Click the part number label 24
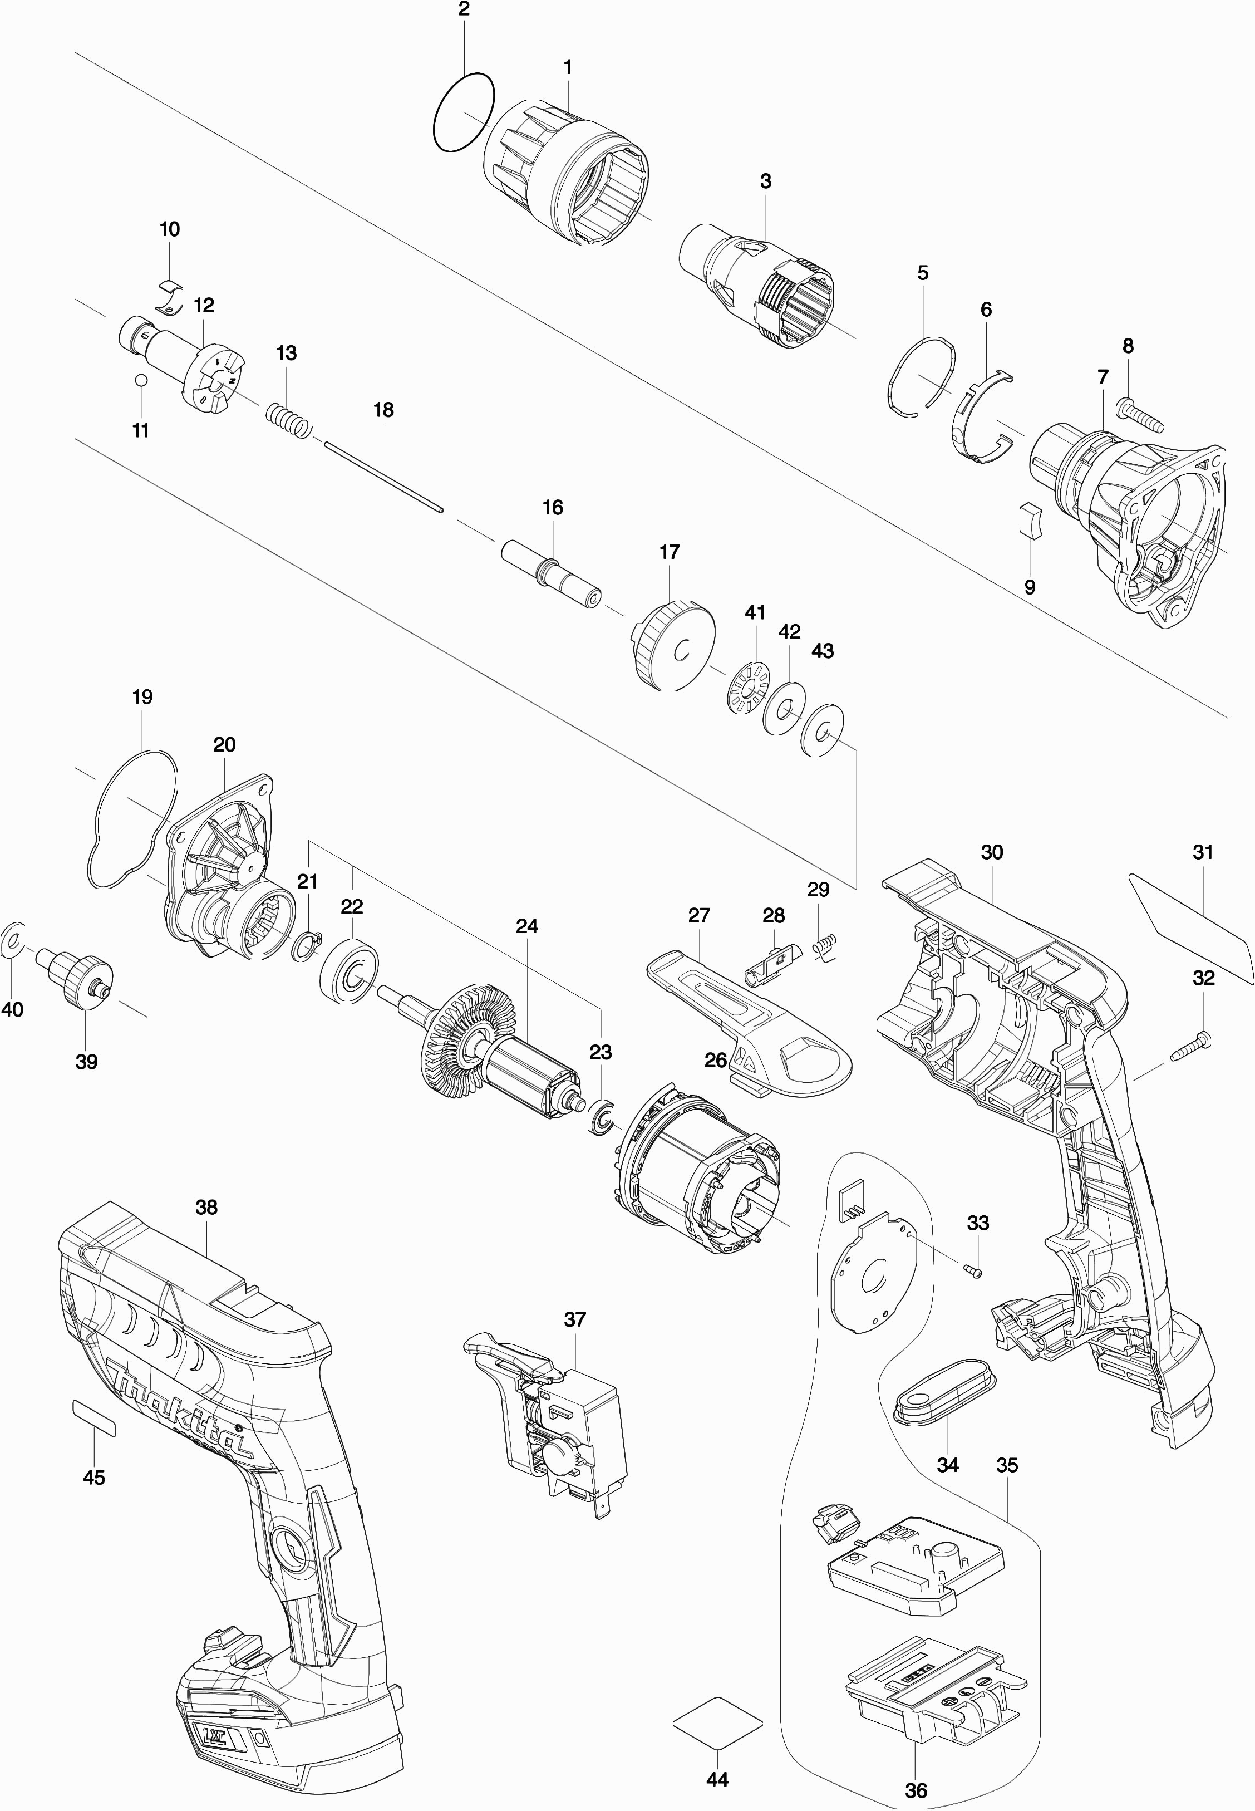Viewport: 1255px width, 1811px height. coord(527,926)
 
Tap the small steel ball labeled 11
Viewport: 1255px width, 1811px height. coord(141,381)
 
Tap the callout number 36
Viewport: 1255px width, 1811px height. coord(916,1790)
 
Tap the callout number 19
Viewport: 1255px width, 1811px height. coord(142,696)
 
